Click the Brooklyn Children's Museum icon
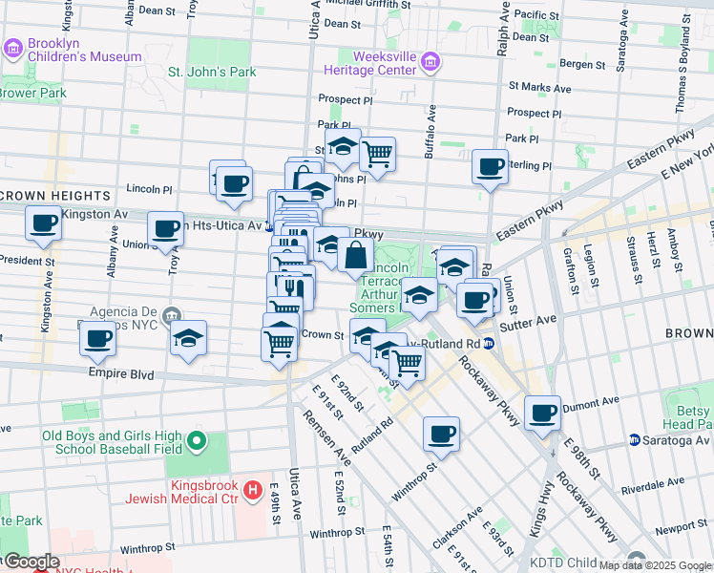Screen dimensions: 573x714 [x=12, y=48]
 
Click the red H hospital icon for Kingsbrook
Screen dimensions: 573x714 [x=253, y=491]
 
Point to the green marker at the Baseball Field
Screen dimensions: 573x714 [x=197, y=441]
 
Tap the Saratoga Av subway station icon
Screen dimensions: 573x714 [x=635, y=439]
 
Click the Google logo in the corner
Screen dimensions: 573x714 [x=31, y=562]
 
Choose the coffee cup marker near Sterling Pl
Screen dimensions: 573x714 [x=491, y=167]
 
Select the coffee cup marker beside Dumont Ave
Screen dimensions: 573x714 [x=542, y=413]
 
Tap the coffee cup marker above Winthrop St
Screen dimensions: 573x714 [x=441, y=434]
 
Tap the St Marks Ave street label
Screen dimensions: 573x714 [x=539, y=87]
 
